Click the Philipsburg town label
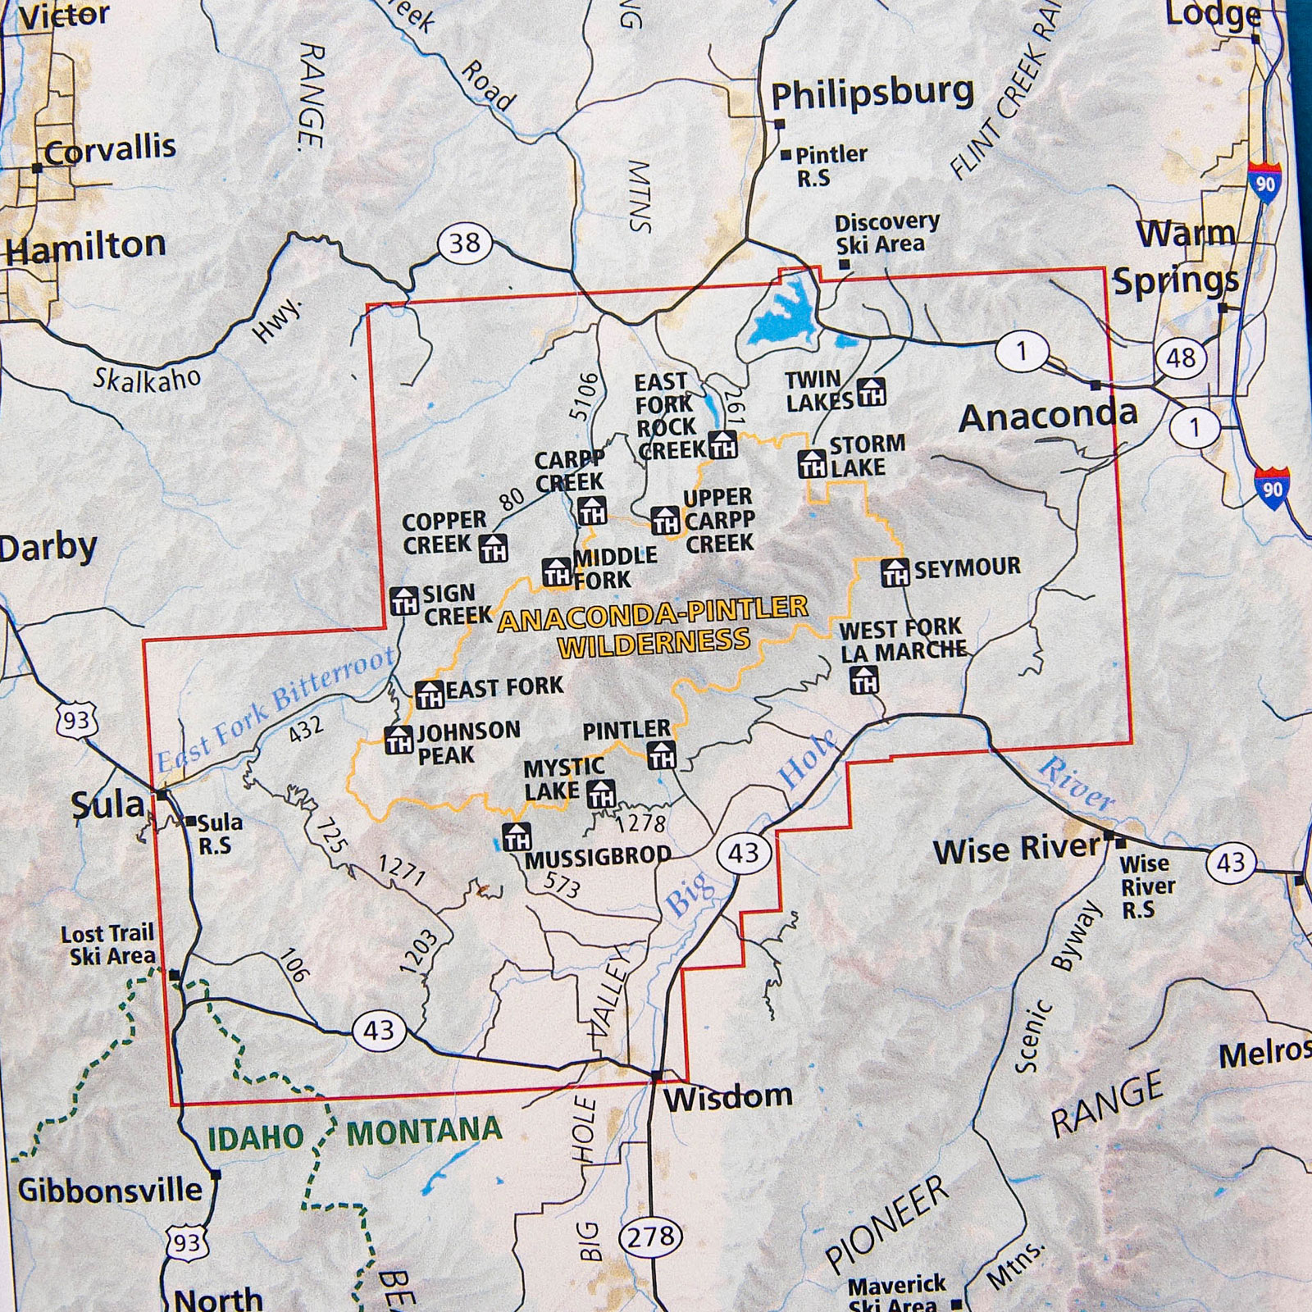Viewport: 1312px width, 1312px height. (872, 94)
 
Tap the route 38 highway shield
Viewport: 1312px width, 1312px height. (465, 244)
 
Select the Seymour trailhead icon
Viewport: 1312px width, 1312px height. (895, 572)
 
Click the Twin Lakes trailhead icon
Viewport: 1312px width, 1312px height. (871, 393)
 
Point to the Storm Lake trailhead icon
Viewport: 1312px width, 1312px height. (812, 464)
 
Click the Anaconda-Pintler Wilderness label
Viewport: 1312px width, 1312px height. (654, 626)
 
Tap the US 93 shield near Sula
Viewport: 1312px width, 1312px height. (77, 721)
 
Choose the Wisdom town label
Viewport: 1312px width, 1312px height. (727, 1096)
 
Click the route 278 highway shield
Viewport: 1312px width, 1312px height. (651, 1236)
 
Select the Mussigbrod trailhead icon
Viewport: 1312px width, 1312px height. (517, 837)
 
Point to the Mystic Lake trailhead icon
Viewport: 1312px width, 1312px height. (601, 793)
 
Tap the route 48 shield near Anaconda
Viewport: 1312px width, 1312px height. (1181, 358)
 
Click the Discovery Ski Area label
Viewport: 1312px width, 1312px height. (886, 234)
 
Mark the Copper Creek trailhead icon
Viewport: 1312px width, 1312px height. (493, 548)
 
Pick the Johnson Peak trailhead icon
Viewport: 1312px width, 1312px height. (399, 740)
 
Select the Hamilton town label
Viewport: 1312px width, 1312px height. (86, 246)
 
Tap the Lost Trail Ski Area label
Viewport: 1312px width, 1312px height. (108, 945)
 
